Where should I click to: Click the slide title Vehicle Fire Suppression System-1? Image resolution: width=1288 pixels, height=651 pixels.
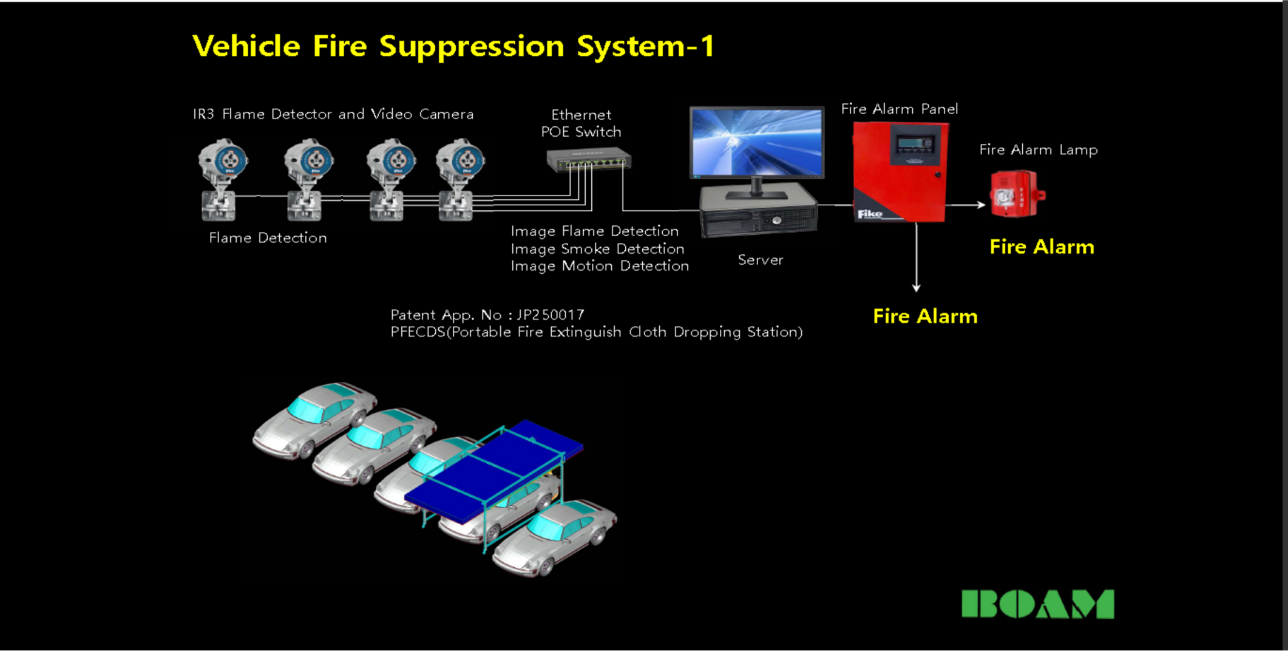point(453,46)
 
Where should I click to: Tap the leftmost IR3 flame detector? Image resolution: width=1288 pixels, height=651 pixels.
point(222,179)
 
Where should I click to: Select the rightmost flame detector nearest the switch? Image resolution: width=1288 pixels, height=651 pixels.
point(460,179)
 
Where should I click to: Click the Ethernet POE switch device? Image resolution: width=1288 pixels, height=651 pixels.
point(589,160)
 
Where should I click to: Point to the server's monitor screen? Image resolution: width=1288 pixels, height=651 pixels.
point(757,143)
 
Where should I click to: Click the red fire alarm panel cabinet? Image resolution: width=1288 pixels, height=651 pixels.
point(900,172)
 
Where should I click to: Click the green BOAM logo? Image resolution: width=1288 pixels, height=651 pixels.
point(1038,604)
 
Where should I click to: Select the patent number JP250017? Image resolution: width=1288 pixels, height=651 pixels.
point(551,315)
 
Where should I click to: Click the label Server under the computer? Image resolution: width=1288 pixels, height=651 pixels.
point(761,260)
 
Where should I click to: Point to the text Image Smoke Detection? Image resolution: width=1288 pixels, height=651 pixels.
point(597,248)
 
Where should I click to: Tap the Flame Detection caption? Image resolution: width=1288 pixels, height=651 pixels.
point(268,237)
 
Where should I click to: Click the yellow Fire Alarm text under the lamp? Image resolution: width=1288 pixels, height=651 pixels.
point(1042,247)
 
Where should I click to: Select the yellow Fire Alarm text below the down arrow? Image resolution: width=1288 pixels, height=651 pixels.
point(925,316)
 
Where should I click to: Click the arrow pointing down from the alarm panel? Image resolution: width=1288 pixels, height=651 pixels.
point(916,257)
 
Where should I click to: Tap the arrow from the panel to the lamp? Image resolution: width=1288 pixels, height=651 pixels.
point(966,205)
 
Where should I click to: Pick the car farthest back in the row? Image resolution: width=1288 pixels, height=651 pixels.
point(316,419)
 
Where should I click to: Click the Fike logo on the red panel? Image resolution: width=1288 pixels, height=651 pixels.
point(869,214)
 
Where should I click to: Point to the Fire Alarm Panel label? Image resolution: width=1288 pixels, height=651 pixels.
point(900,109)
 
